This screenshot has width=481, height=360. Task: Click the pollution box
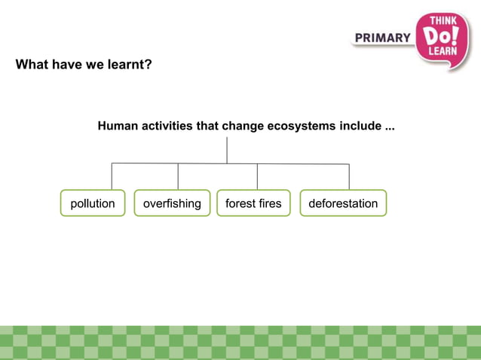tap(93, 203)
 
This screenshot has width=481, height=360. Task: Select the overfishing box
tap(172, 203)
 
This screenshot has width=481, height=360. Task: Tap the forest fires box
tap(253, 203)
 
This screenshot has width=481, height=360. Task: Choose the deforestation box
tap(343, 203)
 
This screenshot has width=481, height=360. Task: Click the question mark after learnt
tap(149, 65)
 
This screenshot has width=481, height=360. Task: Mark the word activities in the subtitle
tap(167, 126)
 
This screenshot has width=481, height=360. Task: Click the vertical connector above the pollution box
tap(112, 176)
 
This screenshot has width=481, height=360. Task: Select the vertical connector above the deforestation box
tap(349, 176)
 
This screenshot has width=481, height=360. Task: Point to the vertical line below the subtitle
tap(226, 149)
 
